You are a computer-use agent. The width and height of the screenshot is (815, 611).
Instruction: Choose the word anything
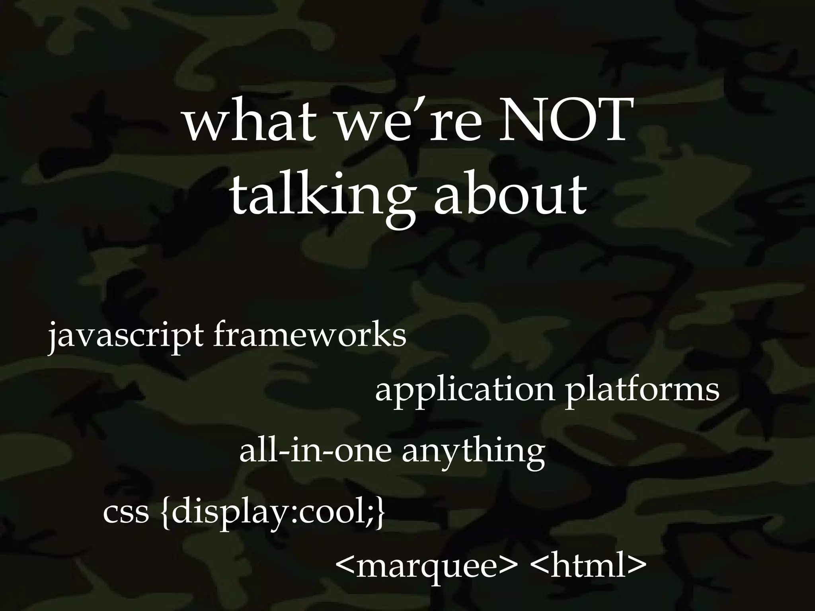(473, 453)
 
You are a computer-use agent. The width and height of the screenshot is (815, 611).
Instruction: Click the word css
(126, 513)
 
